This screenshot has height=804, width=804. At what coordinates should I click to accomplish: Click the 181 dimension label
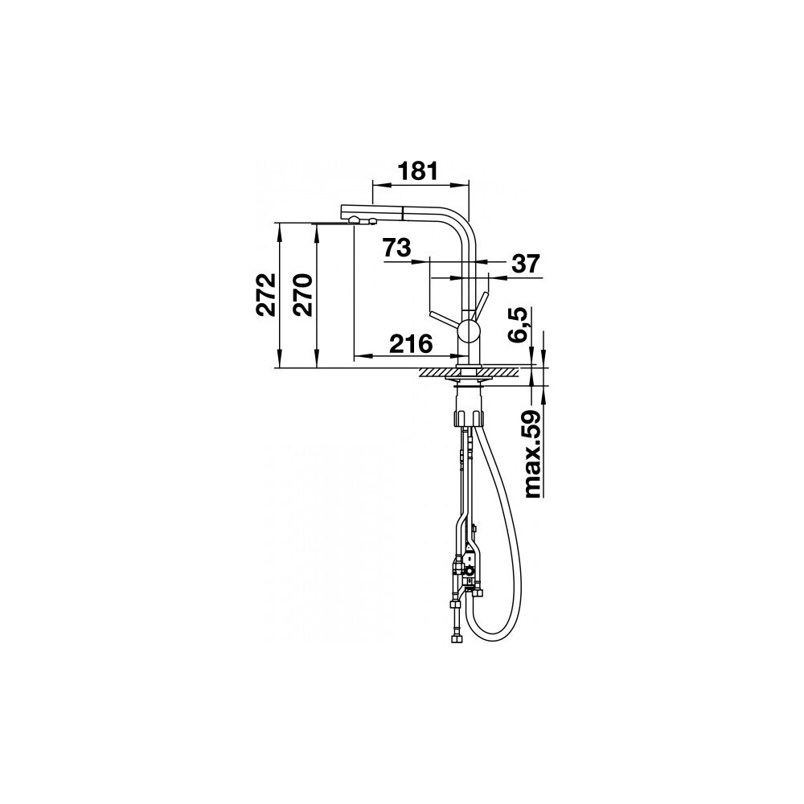click(418, 170)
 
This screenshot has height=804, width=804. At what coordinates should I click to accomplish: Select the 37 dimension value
click(526, 264)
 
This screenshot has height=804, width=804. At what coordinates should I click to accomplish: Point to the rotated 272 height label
click(267, 294)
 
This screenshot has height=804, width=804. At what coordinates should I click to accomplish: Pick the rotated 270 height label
click(302, 295)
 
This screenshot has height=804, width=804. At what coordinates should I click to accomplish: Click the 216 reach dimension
click(411, 343)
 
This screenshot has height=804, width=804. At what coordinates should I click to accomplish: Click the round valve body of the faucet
click(468, 331)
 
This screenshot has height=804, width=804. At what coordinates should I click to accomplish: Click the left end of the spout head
click(343, 211)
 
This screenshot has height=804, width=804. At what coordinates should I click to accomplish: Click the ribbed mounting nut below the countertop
click(468, 416)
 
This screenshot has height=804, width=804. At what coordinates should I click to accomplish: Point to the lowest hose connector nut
click(455, 639)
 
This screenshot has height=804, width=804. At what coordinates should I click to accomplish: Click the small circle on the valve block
click(470, 569)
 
